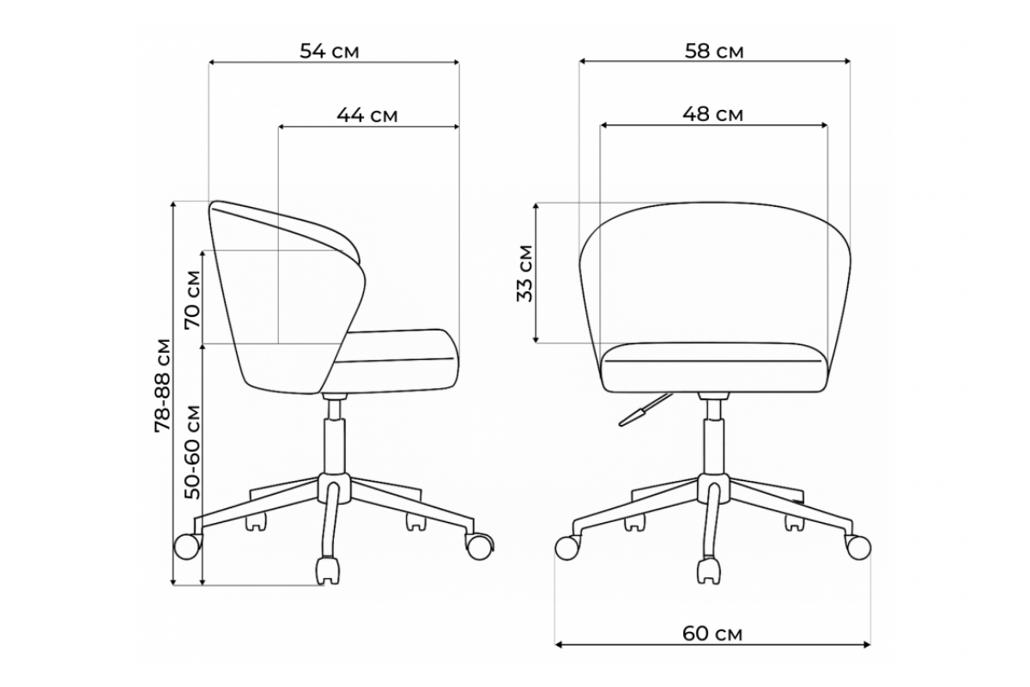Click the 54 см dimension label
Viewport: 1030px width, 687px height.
pos(330,51)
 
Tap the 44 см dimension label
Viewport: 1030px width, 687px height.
pos(367,115)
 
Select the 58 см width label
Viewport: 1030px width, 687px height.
pos(714,51)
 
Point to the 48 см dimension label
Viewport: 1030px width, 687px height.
pos(712,114)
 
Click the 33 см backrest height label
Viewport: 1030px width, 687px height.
pos(524,273)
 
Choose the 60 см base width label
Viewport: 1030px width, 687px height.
pos(712,634)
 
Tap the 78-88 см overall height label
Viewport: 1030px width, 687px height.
pos(162,386)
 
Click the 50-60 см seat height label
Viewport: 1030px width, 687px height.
pos(192,452)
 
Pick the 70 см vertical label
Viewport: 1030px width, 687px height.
pos(192,300)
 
